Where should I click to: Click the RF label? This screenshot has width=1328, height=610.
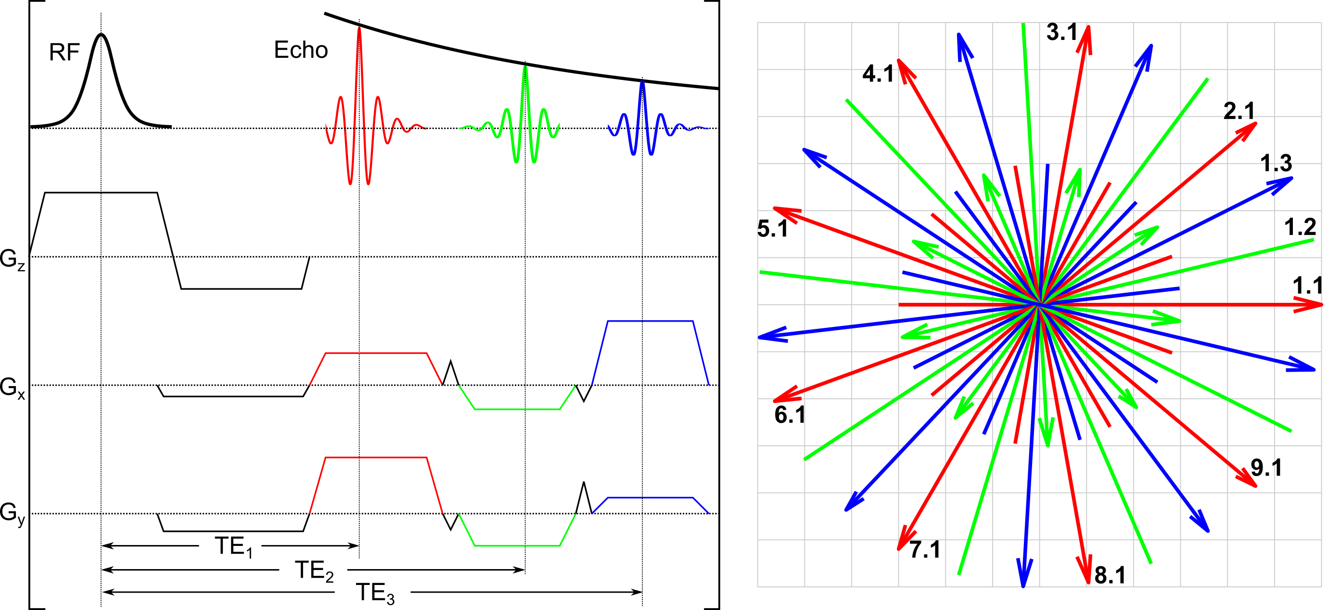tap(64, 52)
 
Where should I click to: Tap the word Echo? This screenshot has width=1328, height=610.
tap(301, 50)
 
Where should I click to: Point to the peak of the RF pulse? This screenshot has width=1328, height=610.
tap(101, 35)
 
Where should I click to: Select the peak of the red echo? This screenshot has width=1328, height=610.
tap(359, 27)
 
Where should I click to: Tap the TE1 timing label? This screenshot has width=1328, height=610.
tap(233, 547)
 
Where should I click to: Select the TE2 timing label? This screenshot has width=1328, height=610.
tap(314, 571)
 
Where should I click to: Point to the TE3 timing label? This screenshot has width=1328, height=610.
tap(375, 593)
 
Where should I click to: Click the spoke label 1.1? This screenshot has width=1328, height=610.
tap(1308, 286)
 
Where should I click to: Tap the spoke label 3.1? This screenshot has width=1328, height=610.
tap(1062, 32)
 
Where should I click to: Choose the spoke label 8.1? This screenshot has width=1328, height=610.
tap(1110, 575)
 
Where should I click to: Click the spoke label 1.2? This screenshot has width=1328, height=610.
tap(1300, 227)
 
